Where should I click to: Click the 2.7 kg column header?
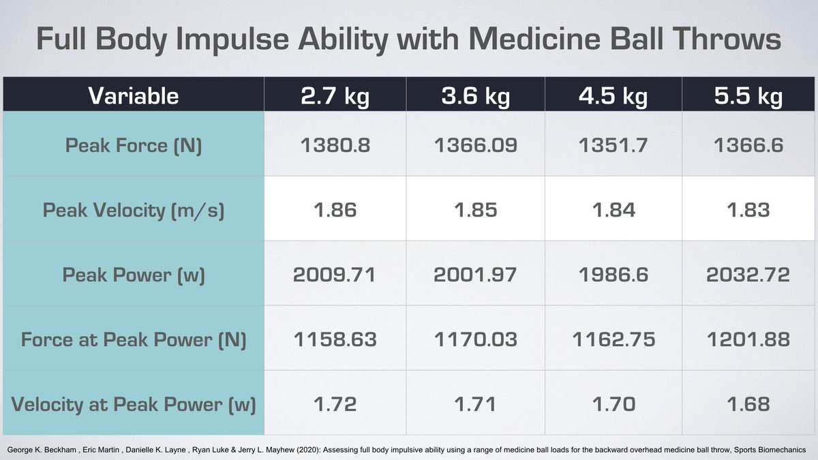coord(335,96)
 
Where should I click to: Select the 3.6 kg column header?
coord(475,96)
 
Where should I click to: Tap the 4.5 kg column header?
coord(613,96)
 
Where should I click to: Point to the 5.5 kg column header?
coord(748,96)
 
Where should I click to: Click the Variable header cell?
coord(133,96)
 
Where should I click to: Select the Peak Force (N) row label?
coord(134,146)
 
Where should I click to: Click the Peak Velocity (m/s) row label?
coord(134,210)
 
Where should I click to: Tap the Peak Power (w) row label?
coord(134,274)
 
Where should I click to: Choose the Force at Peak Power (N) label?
coord(134,339)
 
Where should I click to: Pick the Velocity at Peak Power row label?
coord(134,404)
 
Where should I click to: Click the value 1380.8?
coord(335,146)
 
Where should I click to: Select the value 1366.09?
coord(475,146)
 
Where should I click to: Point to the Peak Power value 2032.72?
coord(748,274)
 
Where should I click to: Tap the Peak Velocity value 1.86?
coord(335,210)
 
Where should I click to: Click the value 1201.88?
coord(748,339)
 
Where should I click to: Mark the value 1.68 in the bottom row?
coord(748,404)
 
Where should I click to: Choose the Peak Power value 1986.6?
coord(613,274)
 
